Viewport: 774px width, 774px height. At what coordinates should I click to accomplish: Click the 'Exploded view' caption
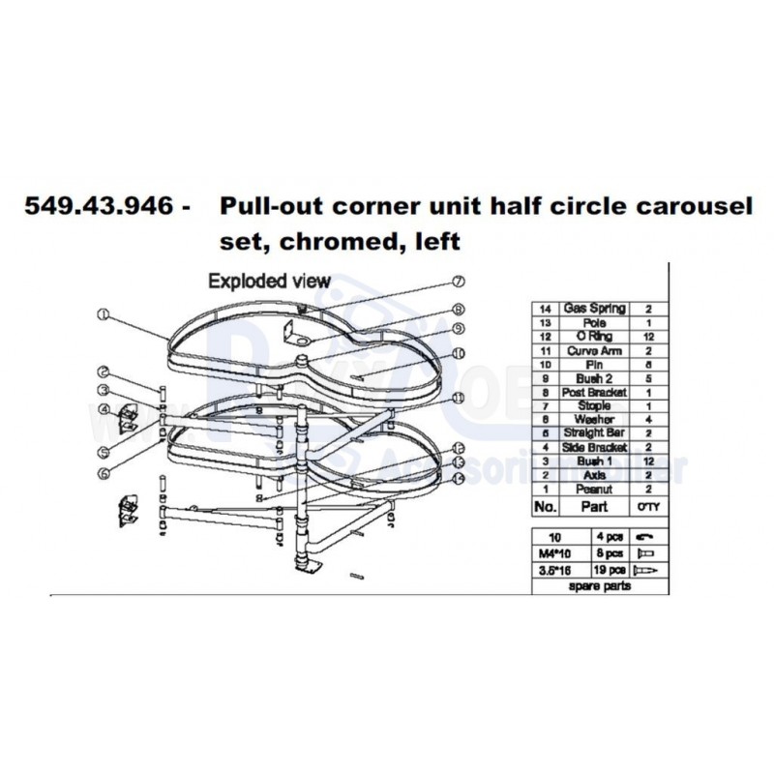point(270,282)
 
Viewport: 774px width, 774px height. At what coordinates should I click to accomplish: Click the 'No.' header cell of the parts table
point(545,506)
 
